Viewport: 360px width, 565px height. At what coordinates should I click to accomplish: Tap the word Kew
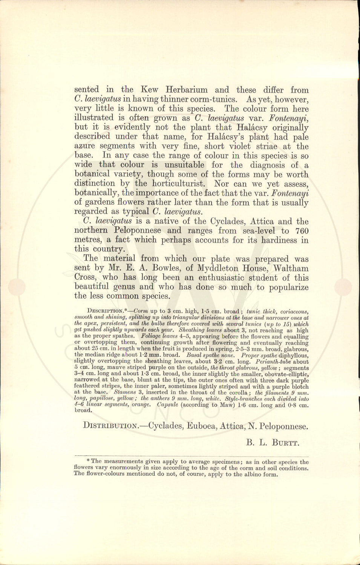(149, 90)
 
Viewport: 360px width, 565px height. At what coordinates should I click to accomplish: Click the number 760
(302, 231)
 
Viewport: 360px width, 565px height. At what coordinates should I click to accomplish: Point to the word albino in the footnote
(253, 474)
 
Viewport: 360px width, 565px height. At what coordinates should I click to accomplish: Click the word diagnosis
(268, 165)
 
